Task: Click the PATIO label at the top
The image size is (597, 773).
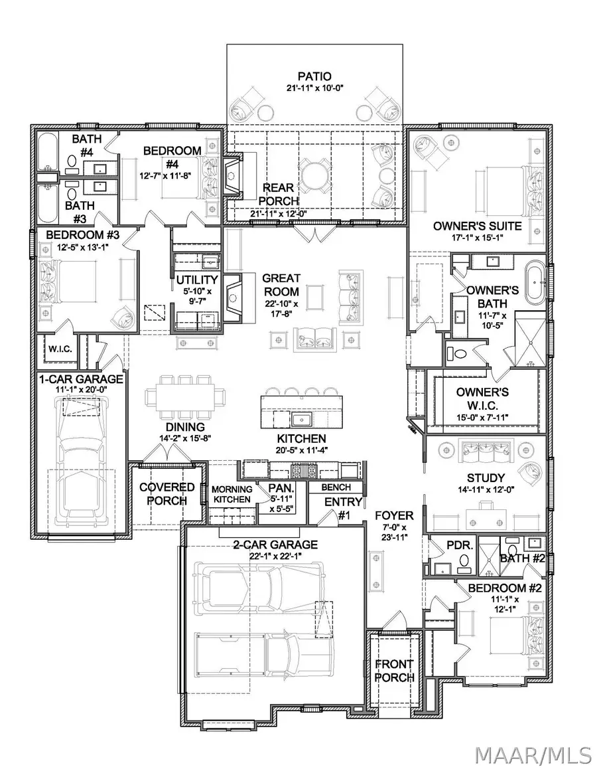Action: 314,76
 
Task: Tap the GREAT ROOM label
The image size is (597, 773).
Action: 281,285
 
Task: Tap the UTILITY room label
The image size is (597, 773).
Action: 197,280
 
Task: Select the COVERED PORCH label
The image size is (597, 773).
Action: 166,493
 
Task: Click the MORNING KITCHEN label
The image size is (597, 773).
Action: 231,495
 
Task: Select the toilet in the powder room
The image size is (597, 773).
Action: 464,563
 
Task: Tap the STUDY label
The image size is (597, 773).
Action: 486,477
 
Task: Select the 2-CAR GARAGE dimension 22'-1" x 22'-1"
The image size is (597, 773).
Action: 275,557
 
